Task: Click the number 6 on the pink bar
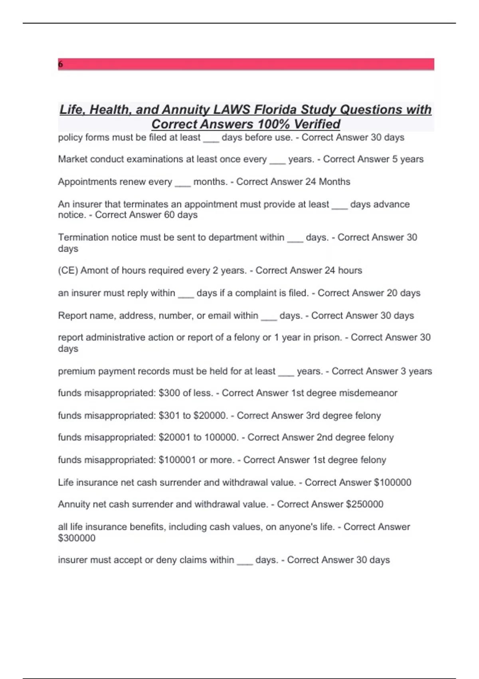[60, 64]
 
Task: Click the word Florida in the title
[275, 110]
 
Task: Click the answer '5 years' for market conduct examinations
[408, 159]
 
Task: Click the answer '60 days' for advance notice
[181, 215]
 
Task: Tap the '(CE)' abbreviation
[68, 270]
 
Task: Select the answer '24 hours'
[343, 270]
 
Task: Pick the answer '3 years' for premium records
[416, 371]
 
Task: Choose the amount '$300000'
[77, 538]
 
